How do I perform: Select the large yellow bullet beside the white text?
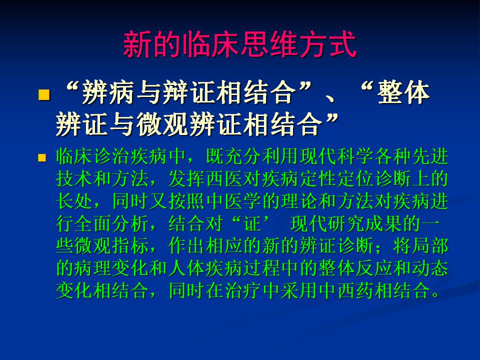(44, 94)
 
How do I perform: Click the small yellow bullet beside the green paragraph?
(41, 158)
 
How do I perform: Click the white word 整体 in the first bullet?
(403, 92)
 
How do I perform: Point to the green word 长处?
(74, 201)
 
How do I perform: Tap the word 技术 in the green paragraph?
(74, 179)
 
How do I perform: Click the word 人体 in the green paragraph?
(187, 268)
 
